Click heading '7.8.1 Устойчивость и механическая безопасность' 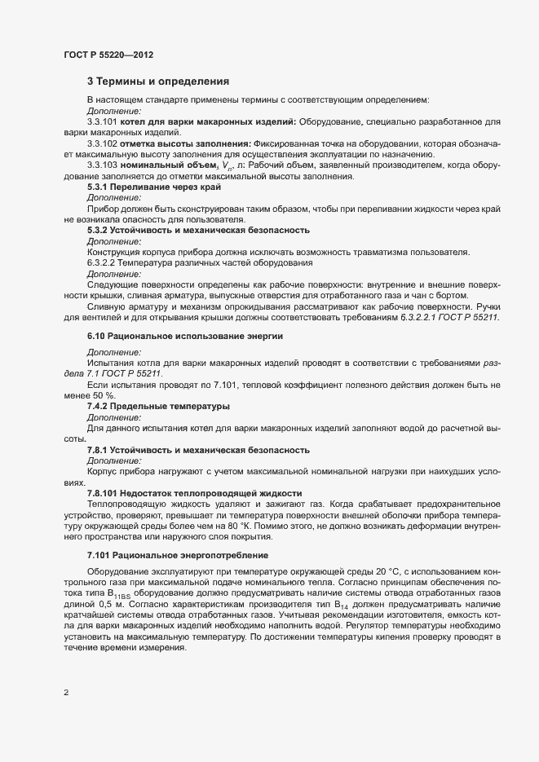click(x=187, y=450)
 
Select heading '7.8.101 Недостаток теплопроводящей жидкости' click(x=195, y=493)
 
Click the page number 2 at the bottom click(x=65, y=694)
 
